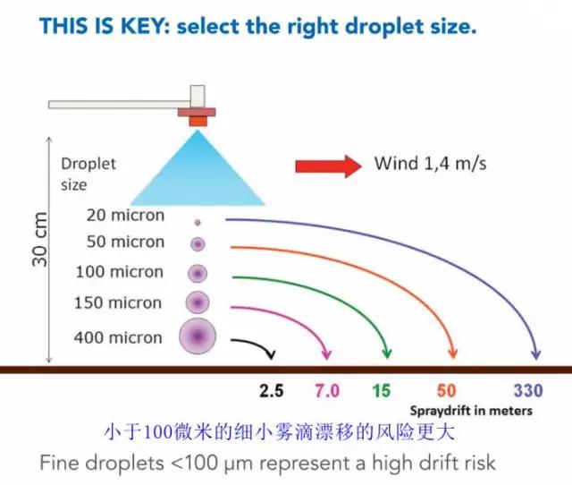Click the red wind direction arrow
pos(327,165)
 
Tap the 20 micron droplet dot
pos(198,221)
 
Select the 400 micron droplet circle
pos(198,337)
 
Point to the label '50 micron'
pos(125,242)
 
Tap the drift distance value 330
pos(528,391)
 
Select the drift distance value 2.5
pos(271,391)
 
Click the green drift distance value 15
pos(381,391)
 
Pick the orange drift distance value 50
pos(447,391)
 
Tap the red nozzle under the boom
pos(197,117)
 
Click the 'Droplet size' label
pos(88,174)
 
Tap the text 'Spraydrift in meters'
pos(471,412)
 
